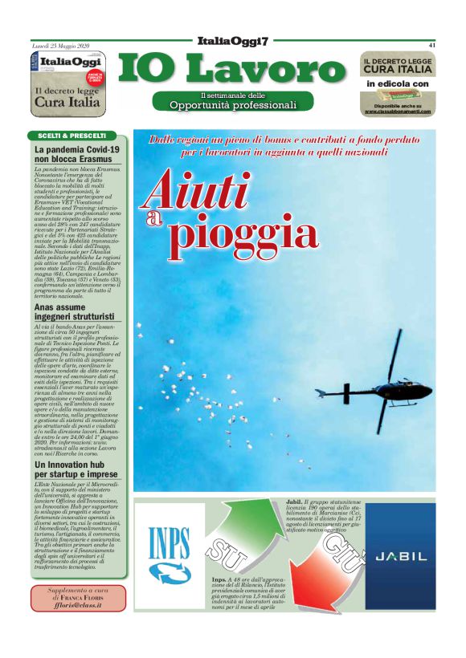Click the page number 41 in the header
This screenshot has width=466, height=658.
pyautogui.click(x=431, y=45)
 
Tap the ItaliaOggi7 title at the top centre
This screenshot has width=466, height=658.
pyautogui.click(x=232, y=41)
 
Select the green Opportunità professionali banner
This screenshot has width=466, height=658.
pyautogui.click(x=233, y=101)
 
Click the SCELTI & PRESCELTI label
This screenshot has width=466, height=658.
pyautogui.click(x=72, y=136)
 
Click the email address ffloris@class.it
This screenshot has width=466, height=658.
pyautogui.click(x=78, y=609)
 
